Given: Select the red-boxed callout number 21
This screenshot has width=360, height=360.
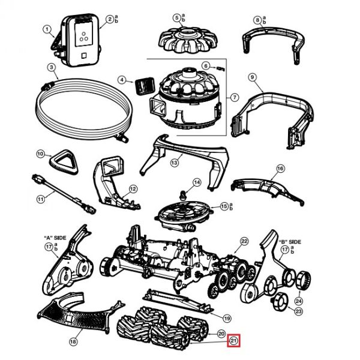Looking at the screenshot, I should tap(234, 341).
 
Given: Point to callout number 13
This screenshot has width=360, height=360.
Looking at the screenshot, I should tap(175, 162).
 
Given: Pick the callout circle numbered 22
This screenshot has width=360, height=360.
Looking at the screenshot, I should tap(244, 241).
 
